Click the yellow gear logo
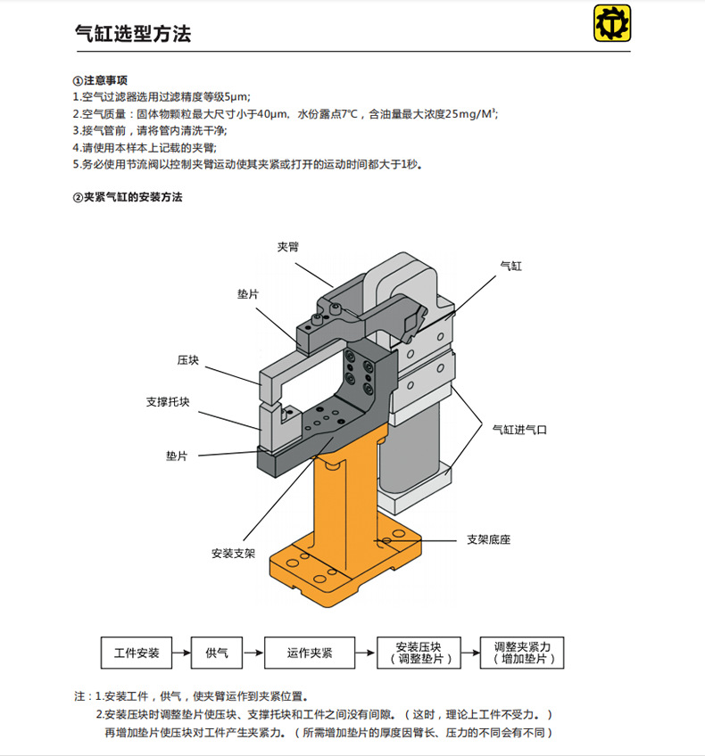point(612,25)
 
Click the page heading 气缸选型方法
point(132,34)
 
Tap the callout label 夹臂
point(287,245)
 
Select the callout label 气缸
point(510,266)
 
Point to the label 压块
point(188,360)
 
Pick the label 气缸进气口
point(519,429)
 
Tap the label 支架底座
point(488,540)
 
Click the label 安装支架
point(234,553)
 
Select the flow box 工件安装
point(137,653)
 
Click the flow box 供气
point(217,653)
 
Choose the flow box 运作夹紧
point(310,653)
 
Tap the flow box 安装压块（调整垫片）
point(414,653)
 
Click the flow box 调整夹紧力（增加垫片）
point(522,653)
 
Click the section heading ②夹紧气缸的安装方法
point(128,197)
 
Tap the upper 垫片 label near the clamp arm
point(248,293)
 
